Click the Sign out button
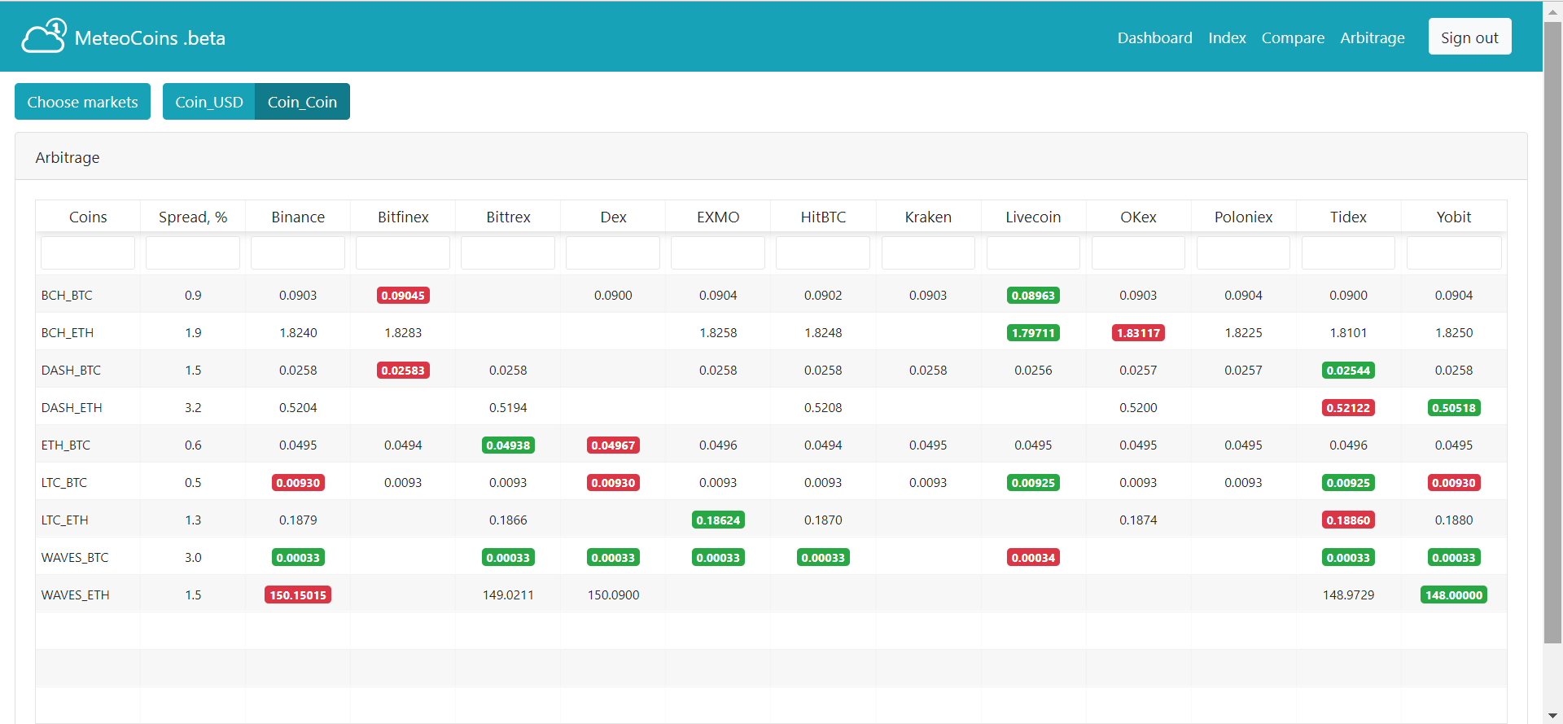(x=1469, y=37)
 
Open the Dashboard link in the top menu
(x=1154, y=37)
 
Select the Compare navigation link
(x=1293, y=37)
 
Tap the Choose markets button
(x=82, y=102)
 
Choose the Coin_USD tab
(x=209, y=102)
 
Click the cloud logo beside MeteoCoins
(x=44, y=37)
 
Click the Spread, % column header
(x=193, y=217)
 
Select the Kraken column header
(x=928, y=217)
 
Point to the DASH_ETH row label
(x=72, y=408)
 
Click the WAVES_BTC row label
(x=75, y=558)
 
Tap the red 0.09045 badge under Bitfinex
(x=403, y=296)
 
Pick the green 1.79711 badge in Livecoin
(x=1033, y=333)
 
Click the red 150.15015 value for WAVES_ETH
(x=298, y=595)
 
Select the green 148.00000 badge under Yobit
(x=1454, y=595)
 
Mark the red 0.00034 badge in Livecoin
(x=1033, y=558)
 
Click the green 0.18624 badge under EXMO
(x=718, y=520)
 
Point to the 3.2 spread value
(x=193, y=408)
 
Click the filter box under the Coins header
(x=88, y=253)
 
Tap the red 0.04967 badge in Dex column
(x=613, y=445)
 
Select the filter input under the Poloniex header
(x=1243, y=253)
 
